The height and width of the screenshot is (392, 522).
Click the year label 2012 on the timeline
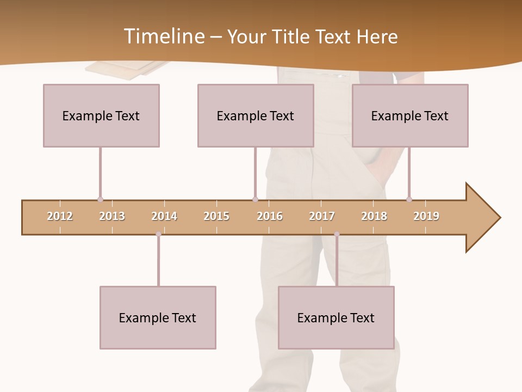tap(60, 216)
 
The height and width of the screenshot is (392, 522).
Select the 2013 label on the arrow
tap(112, 216)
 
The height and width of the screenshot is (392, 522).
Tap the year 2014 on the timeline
tap(164, 216)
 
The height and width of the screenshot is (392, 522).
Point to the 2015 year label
tap(216, 216)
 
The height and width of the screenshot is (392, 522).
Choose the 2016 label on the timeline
tap(270, 216)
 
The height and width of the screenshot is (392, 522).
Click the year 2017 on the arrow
tap(322, 216)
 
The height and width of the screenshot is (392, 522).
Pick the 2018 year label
tap(374, 216)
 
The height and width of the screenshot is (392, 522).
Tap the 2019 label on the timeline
tap(426, 216)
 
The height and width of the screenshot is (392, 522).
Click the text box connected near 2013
tap(101, 115)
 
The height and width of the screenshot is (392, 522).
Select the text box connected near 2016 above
tap(256, 115)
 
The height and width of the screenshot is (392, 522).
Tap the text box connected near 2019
tap(410, 115)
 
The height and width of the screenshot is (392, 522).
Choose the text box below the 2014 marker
tap(158, 317)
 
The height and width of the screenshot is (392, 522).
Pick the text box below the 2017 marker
tap(336, 317)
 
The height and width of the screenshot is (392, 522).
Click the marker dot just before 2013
tap(100, 200)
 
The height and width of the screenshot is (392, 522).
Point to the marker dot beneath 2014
tap(158, 234)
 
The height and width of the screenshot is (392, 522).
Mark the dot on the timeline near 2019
tap(409, 199)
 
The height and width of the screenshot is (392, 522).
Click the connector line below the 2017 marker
tap(337, 260)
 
